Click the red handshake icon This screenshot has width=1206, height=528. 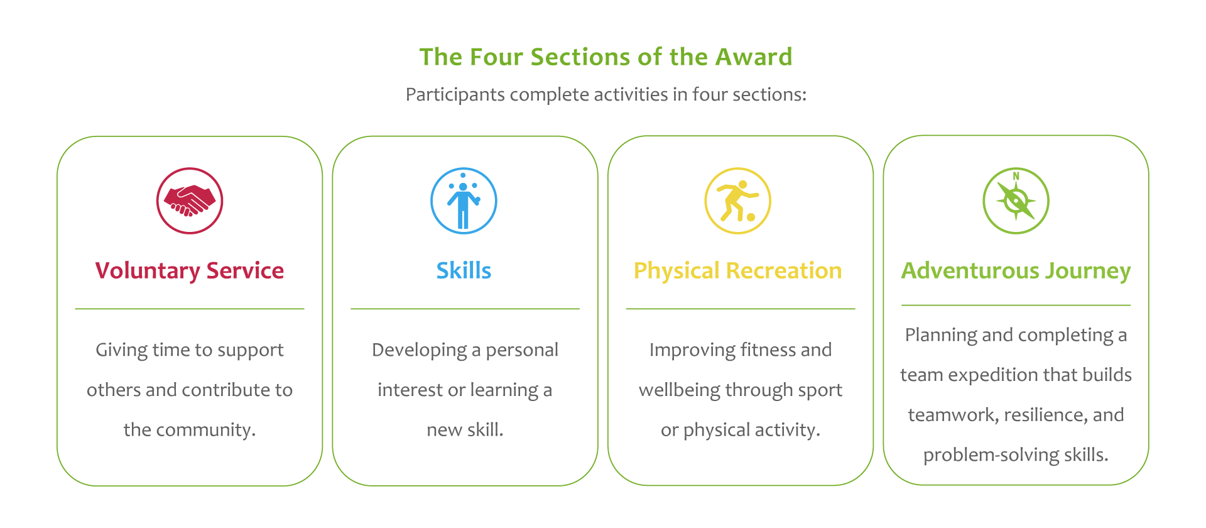pos(190,201)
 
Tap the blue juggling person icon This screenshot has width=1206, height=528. pos(464,201)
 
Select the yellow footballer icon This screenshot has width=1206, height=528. pos(738,201)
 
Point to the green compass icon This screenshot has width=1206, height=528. pos(1016,201)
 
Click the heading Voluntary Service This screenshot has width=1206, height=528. pos(190,271)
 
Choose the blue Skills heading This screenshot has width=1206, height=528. pos(464,271)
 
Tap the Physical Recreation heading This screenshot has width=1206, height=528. pos(738,271)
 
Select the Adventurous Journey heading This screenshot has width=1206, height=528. pos(1016,271)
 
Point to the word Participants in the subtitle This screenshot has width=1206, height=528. pos(455,94)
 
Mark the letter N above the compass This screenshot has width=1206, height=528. pos(1016,176)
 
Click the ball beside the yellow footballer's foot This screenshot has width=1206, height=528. pos(751,217)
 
